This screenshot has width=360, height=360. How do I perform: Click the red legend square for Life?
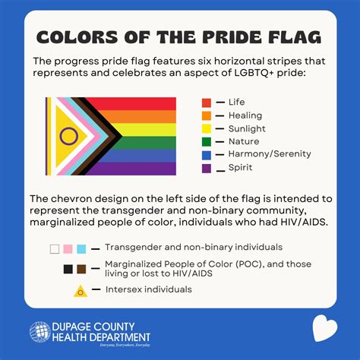[207, 103]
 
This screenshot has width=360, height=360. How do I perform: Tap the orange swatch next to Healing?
[207, 115]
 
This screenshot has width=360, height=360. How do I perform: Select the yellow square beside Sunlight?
[207, 128]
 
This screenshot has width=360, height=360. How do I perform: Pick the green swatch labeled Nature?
[207, 141]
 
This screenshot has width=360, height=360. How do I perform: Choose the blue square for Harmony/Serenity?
[207, 154]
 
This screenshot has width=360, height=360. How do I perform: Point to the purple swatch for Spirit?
[207, 167]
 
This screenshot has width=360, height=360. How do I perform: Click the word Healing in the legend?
[245, 115]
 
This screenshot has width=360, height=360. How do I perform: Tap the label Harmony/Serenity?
[270, 154]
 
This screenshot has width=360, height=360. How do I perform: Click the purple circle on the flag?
[69, 137]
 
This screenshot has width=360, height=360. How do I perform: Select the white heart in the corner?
[325, 330]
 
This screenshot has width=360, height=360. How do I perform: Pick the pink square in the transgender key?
[68, 248]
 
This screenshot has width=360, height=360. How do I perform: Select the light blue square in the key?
[81, 248]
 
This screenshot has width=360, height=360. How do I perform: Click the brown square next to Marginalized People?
[81, 269]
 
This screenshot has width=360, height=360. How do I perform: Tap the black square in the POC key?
[68, 269]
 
